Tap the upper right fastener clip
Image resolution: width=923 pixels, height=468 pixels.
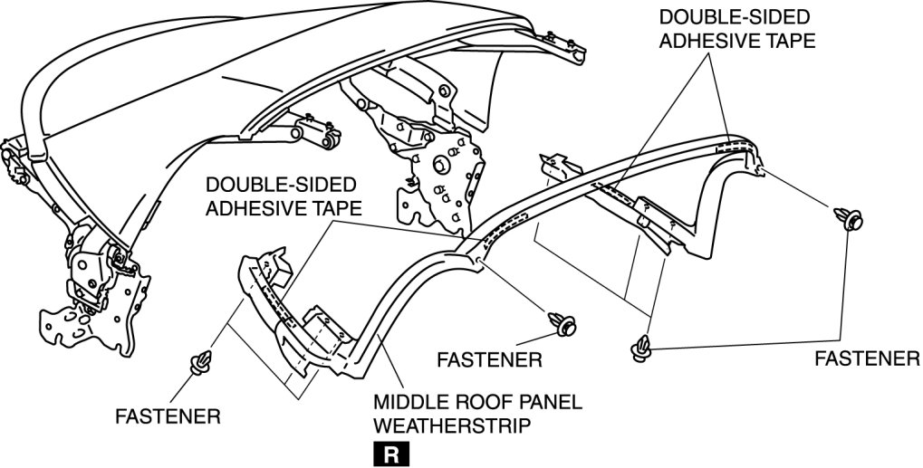pos(851,218)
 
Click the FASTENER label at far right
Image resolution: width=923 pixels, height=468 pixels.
pos(867,359)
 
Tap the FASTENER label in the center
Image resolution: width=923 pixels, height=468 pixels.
pos(489,359)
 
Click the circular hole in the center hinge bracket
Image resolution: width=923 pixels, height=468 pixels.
pos(438,166)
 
